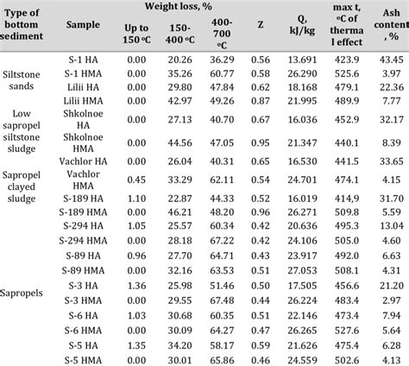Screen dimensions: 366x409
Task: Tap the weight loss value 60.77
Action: pos(223,73)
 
